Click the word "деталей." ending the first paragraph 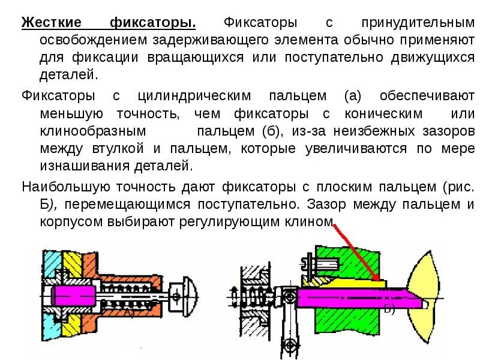point(68,75)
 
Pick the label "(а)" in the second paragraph point(352,96)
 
